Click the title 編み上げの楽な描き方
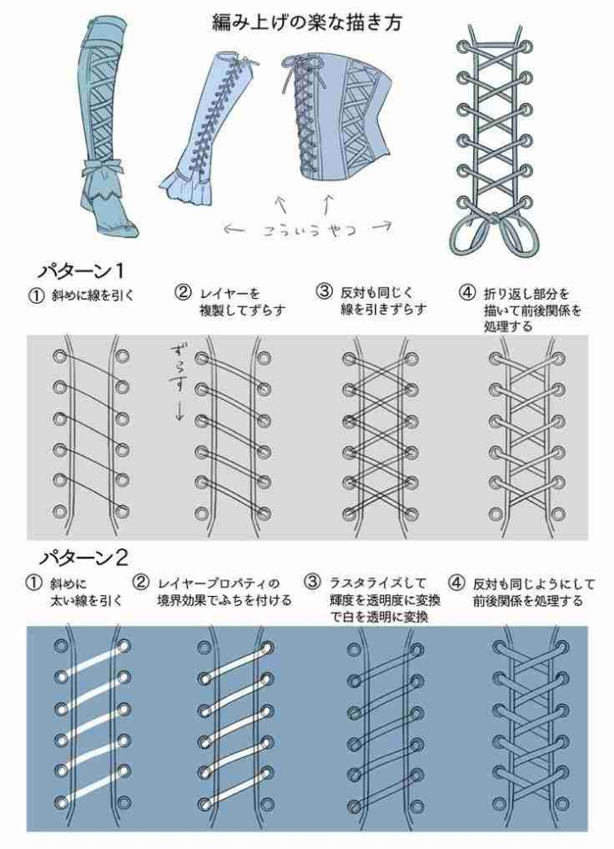coord(307,23)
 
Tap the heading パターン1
coord(82,270)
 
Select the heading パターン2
coord(83,558)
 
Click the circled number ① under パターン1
coord(36,295)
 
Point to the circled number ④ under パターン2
coord(456,583)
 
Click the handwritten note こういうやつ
coord(310,229)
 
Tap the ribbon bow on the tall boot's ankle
coord(104,167)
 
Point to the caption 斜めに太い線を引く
coord(86,591)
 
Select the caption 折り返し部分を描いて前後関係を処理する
coord(532,310)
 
